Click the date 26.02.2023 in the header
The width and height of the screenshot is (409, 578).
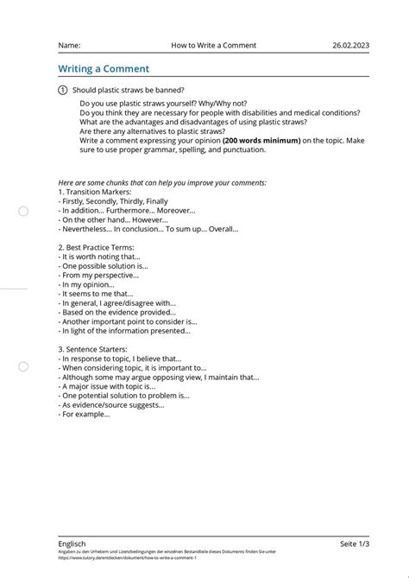point(350,45)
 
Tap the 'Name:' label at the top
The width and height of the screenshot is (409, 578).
point(69,45)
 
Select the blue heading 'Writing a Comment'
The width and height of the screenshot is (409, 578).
point(104,68)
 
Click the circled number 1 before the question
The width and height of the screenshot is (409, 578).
point(62,91)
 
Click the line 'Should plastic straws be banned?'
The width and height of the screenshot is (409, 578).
point(128,91)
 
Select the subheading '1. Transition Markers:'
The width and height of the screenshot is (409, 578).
point(94,192)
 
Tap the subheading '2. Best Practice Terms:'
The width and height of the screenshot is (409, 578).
point(96,247)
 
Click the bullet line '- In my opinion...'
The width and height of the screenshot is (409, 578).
point(86,284)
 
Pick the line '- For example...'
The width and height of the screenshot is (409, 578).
point(85,414)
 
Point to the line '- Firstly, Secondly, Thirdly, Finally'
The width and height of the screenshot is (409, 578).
point(113,201)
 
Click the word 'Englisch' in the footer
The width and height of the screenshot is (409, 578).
point(72,543)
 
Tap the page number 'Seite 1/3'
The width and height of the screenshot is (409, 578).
point(354,543)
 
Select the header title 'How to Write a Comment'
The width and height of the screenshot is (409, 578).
point(213,45)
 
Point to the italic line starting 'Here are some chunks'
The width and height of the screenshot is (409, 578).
point(162,182)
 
